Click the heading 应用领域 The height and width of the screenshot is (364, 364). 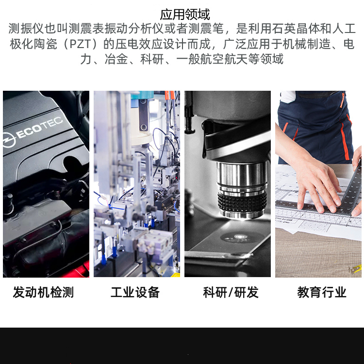coord(185,15)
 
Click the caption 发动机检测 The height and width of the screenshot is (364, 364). coord(43,292)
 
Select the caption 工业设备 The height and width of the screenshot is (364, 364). coord(135,292)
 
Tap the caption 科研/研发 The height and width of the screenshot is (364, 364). coord(231,292)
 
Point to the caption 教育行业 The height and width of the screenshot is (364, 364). coord(322,292)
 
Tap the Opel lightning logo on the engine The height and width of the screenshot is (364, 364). coord(9,140)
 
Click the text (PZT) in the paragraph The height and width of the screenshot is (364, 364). coord(80,44)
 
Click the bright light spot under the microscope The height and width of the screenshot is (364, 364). coord(239,237)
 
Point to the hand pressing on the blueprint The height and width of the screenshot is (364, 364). coord(317,183)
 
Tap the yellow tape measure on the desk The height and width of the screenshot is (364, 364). coord(356,269)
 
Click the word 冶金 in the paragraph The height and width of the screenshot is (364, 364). coord(116,59)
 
